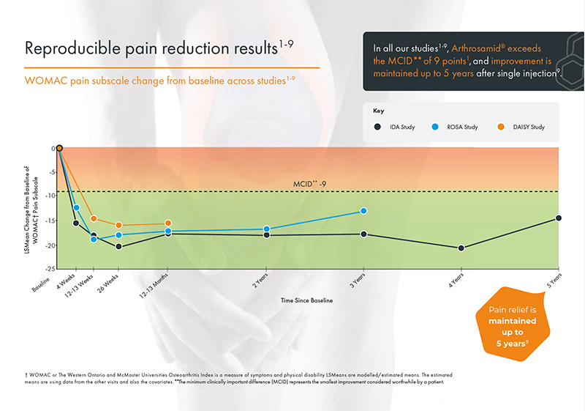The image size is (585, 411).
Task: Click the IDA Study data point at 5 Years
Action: click(559, 218)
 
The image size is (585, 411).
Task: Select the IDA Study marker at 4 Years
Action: click(461, 248)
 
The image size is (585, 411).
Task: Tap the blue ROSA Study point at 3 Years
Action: click(363, 211)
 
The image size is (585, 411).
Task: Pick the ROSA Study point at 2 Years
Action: click(266, 229)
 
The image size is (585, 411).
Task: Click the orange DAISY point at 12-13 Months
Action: click(168, 223)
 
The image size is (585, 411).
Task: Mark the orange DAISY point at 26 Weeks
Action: click(118, 226)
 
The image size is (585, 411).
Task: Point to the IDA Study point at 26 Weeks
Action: click(118, 247)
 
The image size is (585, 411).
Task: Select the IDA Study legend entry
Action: click(393, 127)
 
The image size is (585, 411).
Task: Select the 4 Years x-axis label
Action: click(455, 279)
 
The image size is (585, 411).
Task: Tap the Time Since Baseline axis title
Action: click(307, 300)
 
